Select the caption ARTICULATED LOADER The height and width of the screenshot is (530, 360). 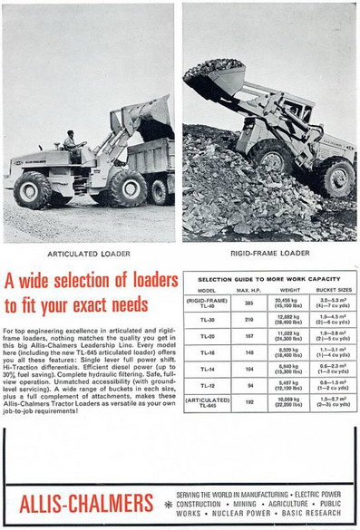(x=89, y=254)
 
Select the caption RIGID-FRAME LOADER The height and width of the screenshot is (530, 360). (x=270, y=254)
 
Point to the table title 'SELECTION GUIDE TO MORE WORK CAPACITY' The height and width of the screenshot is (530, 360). (x=268, y=278)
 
